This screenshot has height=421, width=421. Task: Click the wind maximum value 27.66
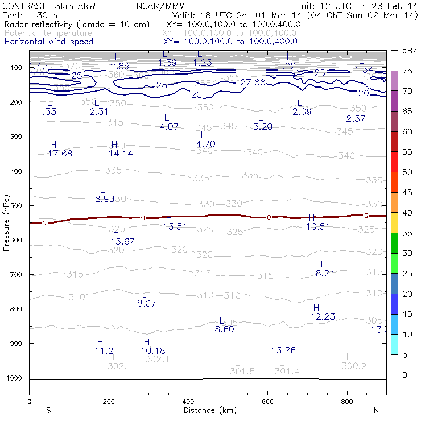tap(253, 82)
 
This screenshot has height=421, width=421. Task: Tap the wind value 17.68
tap(60, 154)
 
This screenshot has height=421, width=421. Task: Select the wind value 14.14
tap(121, 154)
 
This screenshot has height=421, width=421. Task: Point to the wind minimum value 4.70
tap(205, 144)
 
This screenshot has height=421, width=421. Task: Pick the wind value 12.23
tap(323, 317)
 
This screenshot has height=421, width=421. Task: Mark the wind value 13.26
tap(284, 349)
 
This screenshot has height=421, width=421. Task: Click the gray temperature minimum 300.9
tap(354, 366)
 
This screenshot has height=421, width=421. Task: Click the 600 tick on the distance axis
tap(267, 402)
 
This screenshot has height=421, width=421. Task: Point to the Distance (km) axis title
tap(209, 410)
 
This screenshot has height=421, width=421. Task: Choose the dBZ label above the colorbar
tap(410, 51)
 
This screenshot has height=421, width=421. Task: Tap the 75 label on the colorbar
tap(408, 71)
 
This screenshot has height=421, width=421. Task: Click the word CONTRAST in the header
tap(20, 6)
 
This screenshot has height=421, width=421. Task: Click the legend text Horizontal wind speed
tap(49, 42)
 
